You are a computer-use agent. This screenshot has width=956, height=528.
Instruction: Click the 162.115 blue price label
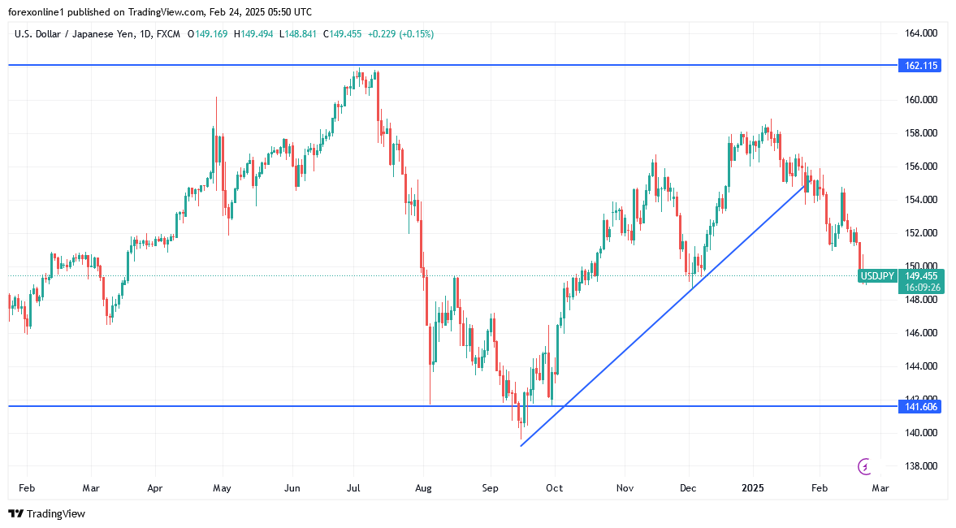click(919, 66)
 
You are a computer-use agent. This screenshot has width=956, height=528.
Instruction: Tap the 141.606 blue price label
click(919, 406)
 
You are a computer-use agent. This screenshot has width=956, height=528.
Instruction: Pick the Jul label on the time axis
click(354, 488)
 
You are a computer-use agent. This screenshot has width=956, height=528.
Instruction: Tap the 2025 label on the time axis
click(753, 488)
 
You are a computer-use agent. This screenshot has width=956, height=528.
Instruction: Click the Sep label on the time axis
click(490, 488)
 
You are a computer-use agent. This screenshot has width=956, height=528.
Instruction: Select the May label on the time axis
click(222, 488)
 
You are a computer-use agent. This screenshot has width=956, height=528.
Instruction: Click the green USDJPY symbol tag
click(877, 276)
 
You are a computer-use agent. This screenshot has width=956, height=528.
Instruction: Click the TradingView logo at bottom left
click(46, 513)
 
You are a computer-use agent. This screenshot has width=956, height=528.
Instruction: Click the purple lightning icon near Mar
click(864, 466)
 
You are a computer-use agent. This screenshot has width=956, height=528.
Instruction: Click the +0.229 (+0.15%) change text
click(400, 34)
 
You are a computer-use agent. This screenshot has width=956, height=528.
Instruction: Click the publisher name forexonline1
click(40, 12)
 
